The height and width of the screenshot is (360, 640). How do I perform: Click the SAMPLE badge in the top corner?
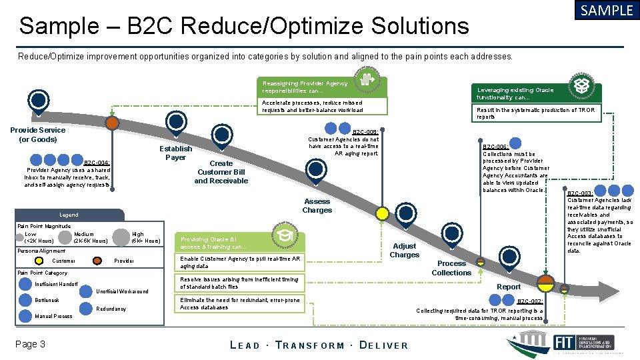[x=606, y=11]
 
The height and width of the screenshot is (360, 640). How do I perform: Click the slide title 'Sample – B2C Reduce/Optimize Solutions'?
[x=244, y=26]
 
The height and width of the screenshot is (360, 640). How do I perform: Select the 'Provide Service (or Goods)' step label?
[x=38, y=135]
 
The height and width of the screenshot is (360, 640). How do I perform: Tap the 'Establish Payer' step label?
[x=175, y=153]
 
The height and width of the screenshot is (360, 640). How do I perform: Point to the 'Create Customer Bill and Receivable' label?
[x=221, y=172]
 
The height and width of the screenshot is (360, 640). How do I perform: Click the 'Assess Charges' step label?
[x=317, y=206]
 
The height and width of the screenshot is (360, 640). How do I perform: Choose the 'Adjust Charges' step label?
[x=404, y=251]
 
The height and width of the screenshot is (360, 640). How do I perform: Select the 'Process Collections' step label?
[x=451, y=268]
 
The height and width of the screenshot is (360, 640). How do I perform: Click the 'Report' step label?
[x=509, y=287]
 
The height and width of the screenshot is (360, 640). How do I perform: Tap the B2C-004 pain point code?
[x=97, y=162]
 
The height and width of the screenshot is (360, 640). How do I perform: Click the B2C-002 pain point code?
[x=530, y=301]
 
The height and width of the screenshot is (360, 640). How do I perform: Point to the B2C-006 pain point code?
[x=495, y=147]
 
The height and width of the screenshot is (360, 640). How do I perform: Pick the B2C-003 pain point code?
[x=579, y=193]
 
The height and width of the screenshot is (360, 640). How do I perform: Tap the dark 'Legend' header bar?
[x=69, y=215]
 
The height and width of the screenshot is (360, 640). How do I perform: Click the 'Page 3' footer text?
[x=32, y=344]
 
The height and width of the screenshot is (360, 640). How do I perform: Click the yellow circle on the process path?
[x=382, y=213]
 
